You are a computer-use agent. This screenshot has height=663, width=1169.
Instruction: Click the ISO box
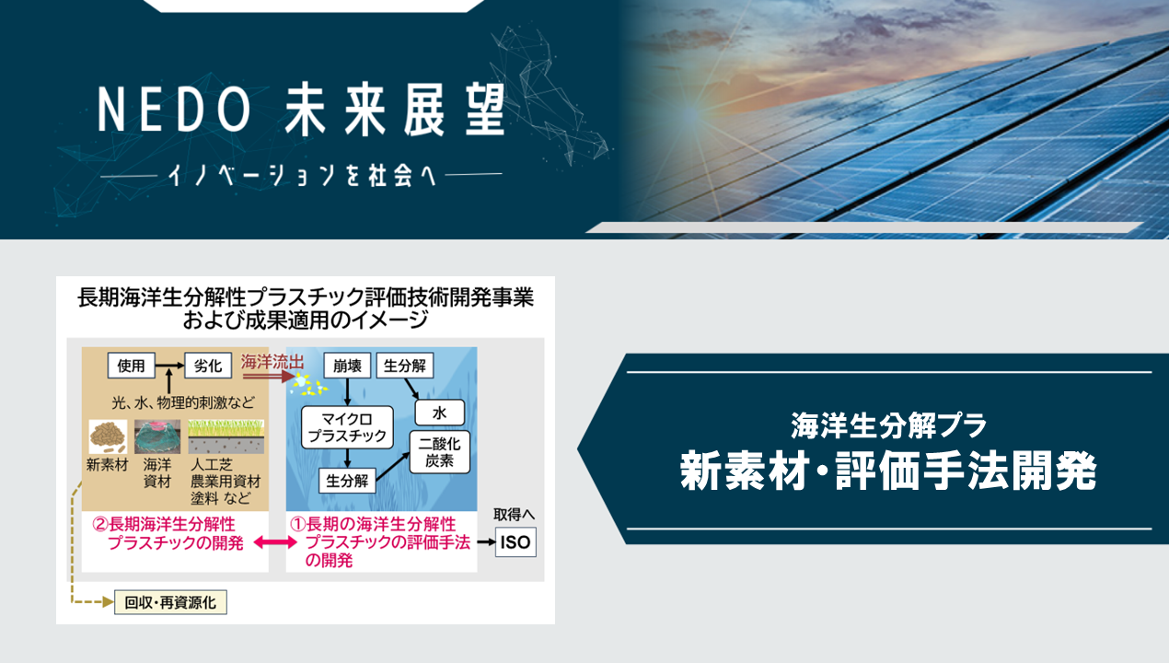pyautogui.click(x=515, y=542)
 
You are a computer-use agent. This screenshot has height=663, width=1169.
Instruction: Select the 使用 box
pyautogui.click(x=131, y=366)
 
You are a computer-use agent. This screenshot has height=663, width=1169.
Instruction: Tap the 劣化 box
pyautogui.click(x=208, y=366)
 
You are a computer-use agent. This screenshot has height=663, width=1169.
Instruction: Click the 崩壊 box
pyautogui.click(x=347, y=366)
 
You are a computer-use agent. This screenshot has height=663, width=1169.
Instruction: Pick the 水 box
pyautogui.click(x=439, y=413)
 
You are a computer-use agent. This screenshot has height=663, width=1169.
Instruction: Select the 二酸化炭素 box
pyautogui.click(x=439, y=452)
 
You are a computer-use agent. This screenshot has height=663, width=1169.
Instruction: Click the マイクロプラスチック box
pyautogui.click(x=347, y=427)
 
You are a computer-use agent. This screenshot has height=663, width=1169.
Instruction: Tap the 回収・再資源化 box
pyautogui.click(x=170, y=602)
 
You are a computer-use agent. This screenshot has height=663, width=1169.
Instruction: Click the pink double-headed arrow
pyautogui.click(x=275, y=542)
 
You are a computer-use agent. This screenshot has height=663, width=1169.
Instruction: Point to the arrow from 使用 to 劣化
pyautogui.click(x=169, y=366)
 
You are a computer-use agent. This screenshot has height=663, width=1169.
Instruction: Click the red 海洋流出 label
pyautogui.click(x=272, y=362)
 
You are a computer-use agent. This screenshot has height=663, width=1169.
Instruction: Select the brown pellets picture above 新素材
pyautogui.click(x=108, y=436)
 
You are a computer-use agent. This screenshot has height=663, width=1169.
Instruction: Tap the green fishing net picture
pyautogui.click(x=157, y=436)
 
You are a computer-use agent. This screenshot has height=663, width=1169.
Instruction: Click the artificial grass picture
pyautogui.click(x=226, y=436)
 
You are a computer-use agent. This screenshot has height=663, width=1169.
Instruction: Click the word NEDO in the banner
pyautogui.click(x=175, y=110)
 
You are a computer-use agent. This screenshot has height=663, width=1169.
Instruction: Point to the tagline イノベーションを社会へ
pyautogui.click(x=302, y=176)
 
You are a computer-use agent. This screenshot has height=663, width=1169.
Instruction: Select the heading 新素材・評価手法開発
pyautogui.click(x=888, y=471)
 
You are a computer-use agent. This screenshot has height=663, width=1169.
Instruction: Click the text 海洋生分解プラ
pyautogui.click(x=888, y=425)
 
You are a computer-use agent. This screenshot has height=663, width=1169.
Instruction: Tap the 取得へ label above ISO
pyautogui.click(x=514, y=515)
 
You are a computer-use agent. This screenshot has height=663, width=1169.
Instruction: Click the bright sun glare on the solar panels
pyautogui.click(x=691, y=112)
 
